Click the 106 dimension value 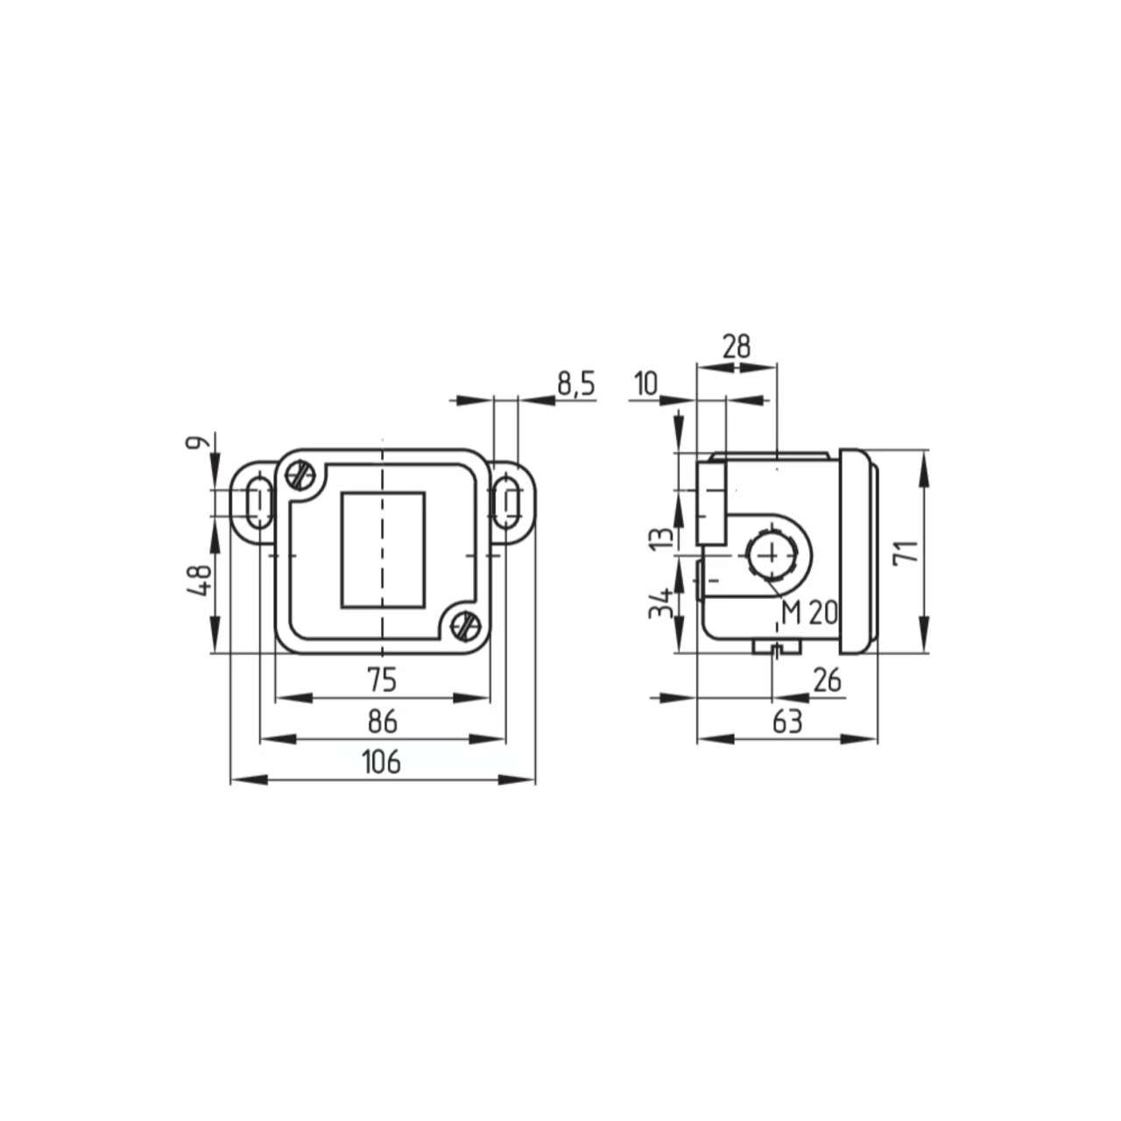(381, 762)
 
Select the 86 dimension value (383, 722)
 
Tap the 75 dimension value (382, 679)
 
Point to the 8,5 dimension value (575, 384)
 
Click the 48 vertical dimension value (201, 580)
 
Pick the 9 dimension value (201, 443)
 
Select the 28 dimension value (737, 347)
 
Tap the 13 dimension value (663, 535)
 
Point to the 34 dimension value (663, 603)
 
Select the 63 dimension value (786, 722)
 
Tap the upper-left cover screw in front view (300, 476)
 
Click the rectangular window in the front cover (382, 550)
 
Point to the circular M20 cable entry (770, 554)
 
